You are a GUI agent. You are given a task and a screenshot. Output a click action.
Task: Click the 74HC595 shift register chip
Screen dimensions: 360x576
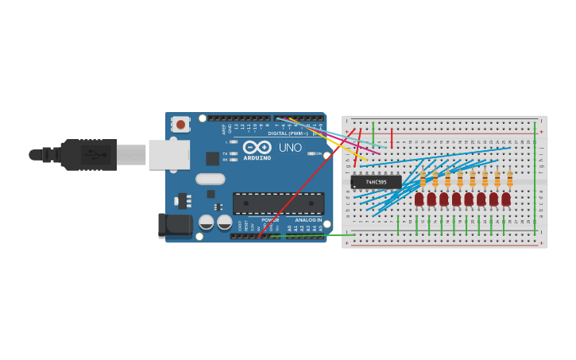376,182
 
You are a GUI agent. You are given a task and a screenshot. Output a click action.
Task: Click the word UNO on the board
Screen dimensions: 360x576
290,147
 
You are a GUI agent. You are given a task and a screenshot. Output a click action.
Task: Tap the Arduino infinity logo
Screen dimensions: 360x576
257,147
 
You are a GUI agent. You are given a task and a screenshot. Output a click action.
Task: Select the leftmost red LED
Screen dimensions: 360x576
419,199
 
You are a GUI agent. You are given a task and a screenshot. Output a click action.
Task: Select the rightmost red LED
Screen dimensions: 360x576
506,199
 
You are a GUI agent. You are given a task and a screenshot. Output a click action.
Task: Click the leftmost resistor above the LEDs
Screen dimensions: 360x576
423,179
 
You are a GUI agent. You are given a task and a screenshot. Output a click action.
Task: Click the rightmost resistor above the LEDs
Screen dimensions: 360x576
509,179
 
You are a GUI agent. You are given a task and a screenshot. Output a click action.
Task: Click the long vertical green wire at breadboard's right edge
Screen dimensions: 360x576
535,179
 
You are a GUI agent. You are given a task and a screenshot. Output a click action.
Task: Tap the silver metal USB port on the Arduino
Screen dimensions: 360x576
169,155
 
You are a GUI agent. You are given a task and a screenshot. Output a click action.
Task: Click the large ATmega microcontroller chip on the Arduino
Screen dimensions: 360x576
278,203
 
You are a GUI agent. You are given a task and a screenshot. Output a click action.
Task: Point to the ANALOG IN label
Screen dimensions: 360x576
309,220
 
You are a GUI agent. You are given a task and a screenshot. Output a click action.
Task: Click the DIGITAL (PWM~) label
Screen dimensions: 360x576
288,134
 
